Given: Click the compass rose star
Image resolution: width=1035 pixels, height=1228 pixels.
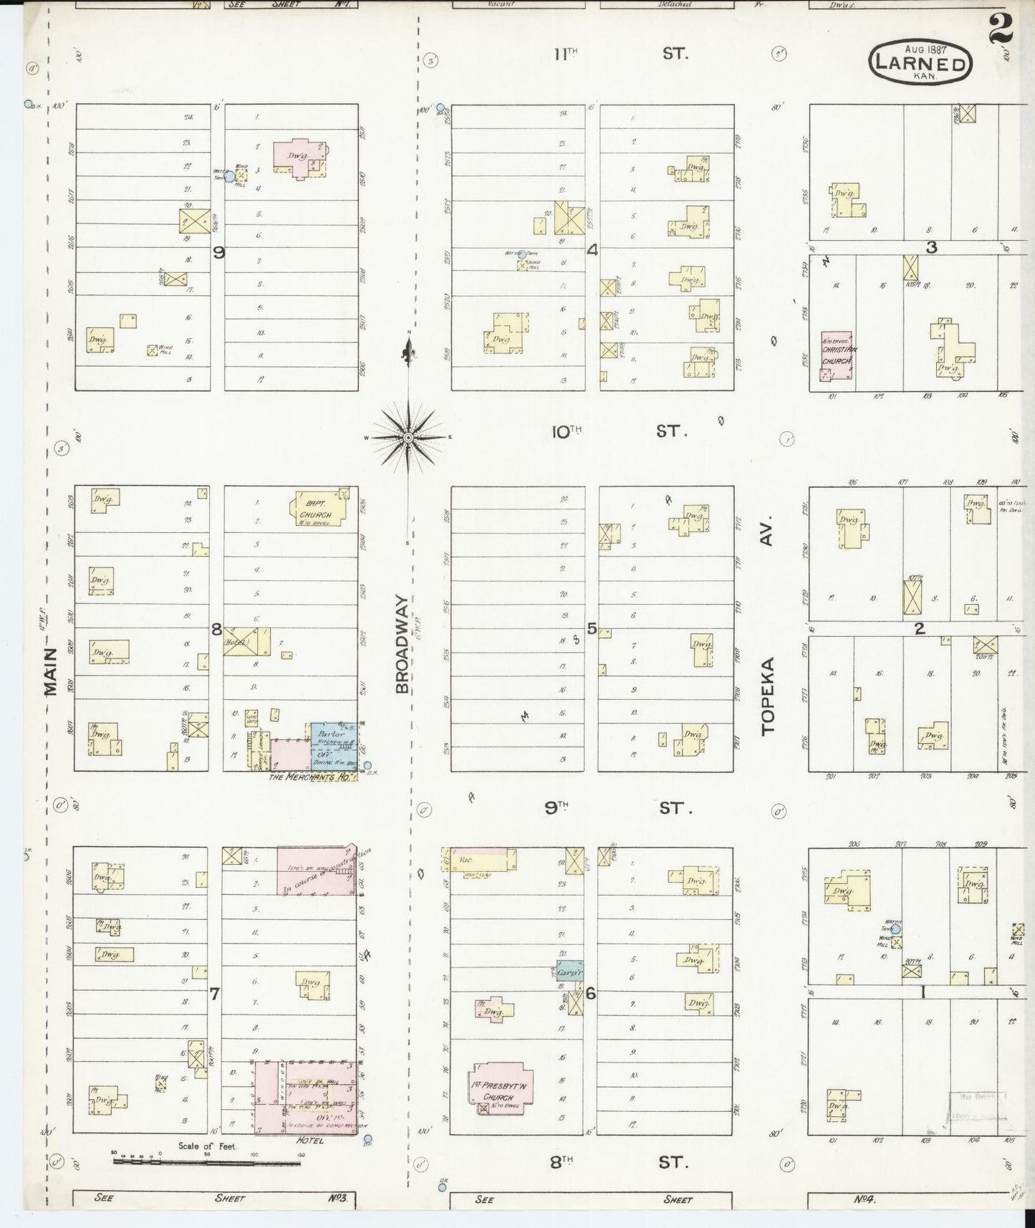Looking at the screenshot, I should [x=408, y=437].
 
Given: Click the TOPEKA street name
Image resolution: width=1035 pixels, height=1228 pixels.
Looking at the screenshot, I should [x=769, y=695].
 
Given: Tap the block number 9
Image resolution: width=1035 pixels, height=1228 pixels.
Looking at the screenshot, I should [x=219, y=252].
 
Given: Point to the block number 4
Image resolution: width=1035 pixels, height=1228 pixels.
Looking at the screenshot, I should [x=592, y=250].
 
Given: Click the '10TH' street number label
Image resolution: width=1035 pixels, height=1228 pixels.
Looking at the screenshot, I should [x=566, y=432].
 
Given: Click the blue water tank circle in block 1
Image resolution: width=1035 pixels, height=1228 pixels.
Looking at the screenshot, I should [x=895, y=929].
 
